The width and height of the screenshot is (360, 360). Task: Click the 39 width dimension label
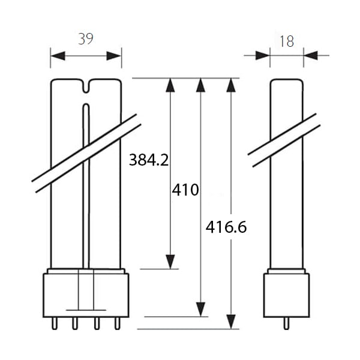(86, 39)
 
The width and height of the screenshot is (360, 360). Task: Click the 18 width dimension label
(287, 41)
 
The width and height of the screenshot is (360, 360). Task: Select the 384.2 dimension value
(149, 160)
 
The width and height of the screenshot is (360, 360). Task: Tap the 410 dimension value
(185, 190)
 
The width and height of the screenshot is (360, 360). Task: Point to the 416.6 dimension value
(226, 227)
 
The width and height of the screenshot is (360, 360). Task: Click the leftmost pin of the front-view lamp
(55, 323)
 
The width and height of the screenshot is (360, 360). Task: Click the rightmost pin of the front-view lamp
(118, 323)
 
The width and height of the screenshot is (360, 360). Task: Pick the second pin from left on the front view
(75, 323)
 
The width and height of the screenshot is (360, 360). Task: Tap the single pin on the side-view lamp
(286, 323)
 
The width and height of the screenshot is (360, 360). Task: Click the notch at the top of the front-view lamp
(86, 86)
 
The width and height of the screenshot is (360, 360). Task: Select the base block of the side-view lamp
(287, 295)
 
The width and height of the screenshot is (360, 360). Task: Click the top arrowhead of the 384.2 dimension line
(170, 85)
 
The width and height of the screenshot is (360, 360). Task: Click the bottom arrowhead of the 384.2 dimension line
(170, 262)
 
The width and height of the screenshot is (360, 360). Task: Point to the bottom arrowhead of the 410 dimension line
(200, 310)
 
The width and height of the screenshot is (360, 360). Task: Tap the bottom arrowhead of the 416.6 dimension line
(231, 322)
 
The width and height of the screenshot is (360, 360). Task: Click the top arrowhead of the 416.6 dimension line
(231, 85)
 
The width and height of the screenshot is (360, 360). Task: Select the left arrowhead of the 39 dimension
(58, 56)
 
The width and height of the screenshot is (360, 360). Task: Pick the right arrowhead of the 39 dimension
(114, 56)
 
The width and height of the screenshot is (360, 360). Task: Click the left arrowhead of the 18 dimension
(263, 56)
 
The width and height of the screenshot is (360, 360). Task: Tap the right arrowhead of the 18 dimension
(311, 56)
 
